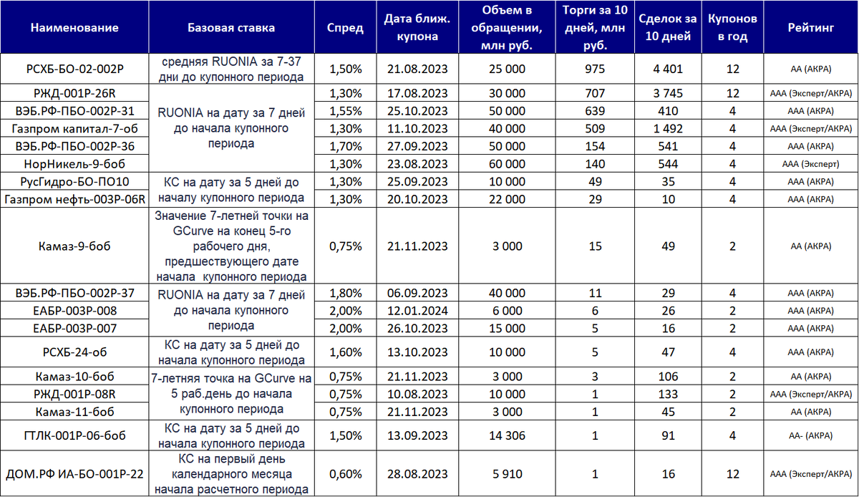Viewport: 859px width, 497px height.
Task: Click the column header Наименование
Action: point(74,28)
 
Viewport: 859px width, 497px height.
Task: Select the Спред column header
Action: point(345,28)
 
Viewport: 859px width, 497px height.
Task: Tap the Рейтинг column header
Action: point(811,28)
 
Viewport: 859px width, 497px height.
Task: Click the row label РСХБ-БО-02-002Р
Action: point(74,69)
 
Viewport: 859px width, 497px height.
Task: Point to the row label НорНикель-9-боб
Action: point(74,163)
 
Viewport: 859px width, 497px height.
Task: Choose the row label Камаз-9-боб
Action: point(74,246)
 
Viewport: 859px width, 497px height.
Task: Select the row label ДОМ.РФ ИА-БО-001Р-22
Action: point(74,473)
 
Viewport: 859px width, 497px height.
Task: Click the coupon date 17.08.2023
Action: point(417,93)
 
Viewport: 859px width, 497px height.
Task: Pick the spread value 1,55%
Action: point(345,111)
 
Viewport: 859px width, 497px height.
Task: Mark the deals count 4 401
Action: point(668,69)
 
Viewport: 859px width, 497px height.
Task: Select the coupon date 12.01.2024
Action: point(417,311)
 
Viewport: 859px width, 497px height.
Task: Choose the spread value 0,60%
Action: point(345,473)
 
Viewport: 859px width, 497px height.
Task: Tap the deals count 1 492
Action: point(668,128)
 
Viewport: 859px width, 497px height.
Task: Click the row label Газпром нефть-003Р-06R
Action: point(74,198)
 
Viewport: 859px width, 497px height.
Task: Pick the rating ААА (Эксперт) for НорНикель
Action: point(811,164)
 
